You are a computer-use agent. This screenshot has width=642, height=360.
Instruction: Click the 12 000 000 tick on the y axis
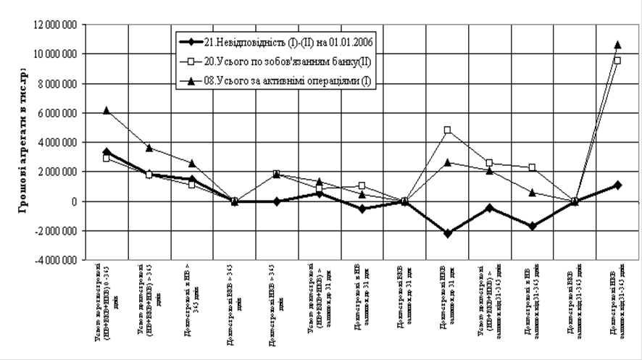coord(57,25)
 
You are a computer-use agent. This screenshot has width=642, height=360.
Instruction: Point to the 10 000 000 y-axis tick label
coord(57,54)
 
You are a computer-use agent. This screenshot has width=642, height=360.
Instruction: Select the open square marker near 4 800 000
coord(448,130)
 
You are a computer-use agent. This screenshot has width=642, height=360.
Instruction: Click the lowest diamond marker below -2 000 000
coord(448,233)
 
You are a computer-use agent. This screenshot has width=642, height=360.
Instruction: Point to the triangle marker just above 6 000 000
coord(107,110)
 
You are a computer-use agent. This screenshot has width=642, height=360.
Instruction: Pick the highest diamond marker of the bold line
coord(107,152)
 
